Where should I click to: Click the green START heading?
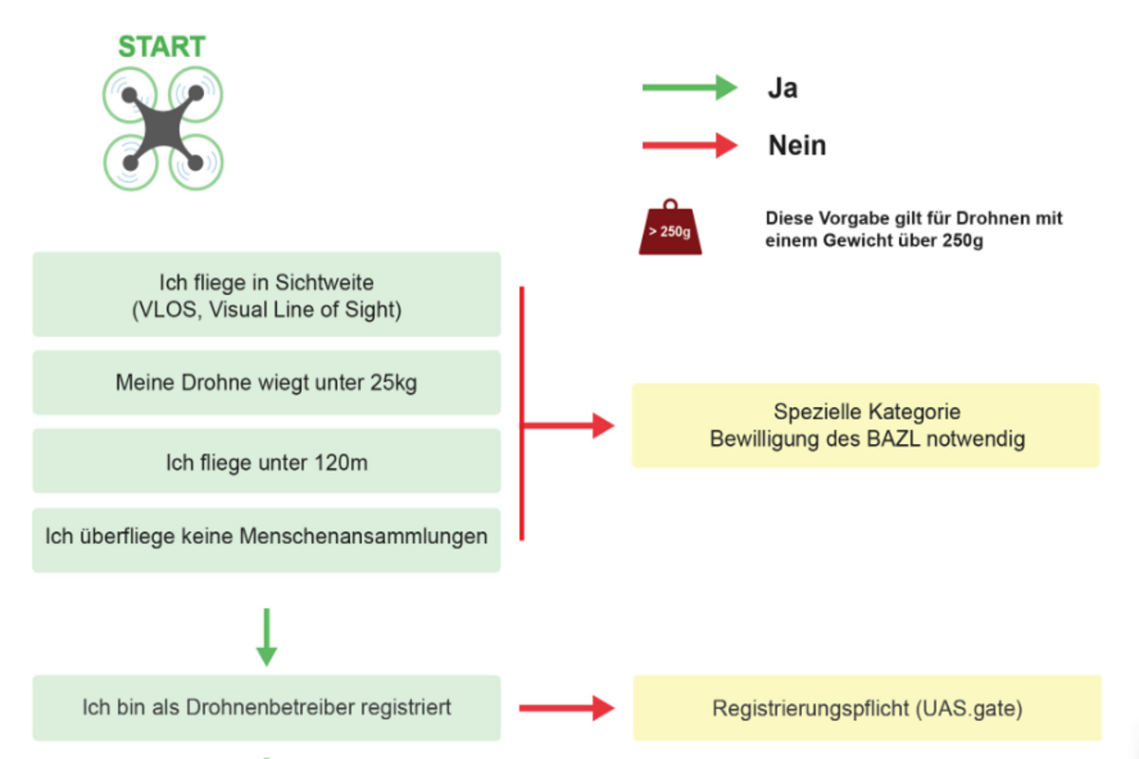pos(161,46)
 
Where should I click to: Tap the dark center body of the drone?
pos(162,128)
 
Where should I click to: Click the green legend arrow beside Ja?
pos(689,88)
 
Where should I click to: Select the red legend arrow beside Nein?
pos(689,145)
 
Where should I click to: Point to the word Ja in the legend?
pos(782,89)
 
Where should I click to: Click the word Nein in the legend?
pos(796,146)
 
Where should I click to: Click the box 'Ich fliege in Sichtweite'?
pos(266,295)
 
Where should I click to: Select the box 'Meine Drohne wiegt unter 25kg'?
pos(266,382)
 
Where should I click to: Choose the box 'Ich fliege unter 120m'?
pos(266,461)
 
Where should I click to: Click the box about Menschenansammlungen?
pos(266,538)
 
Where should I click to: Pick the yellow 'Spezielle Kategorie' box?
pos(866,426)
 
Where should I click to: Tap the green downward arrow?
pos(267,637)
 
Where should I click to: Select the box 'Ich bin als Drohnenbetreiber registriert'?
pos(266,708)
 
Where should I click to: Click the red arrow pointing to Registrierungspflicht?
pos(567,708)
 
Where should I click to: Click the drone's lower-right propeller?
pos(196,162)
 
